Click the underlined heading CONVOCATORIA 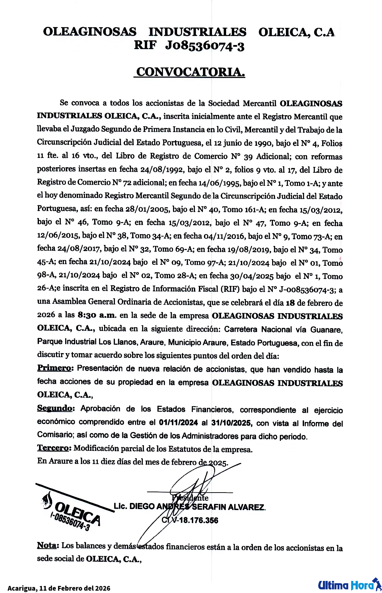190,72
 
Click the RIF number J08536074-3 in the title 205,46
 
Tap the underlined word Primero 54,368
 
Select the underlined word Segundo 55,408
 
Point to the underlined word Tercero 54,448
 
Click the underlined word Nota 47,545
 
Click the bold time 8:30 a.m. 97,315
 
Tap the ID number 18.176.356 199,520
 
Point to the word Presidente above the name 190,498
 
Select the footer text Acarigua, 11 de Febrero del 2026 59,588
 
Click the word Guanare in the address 326,330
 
